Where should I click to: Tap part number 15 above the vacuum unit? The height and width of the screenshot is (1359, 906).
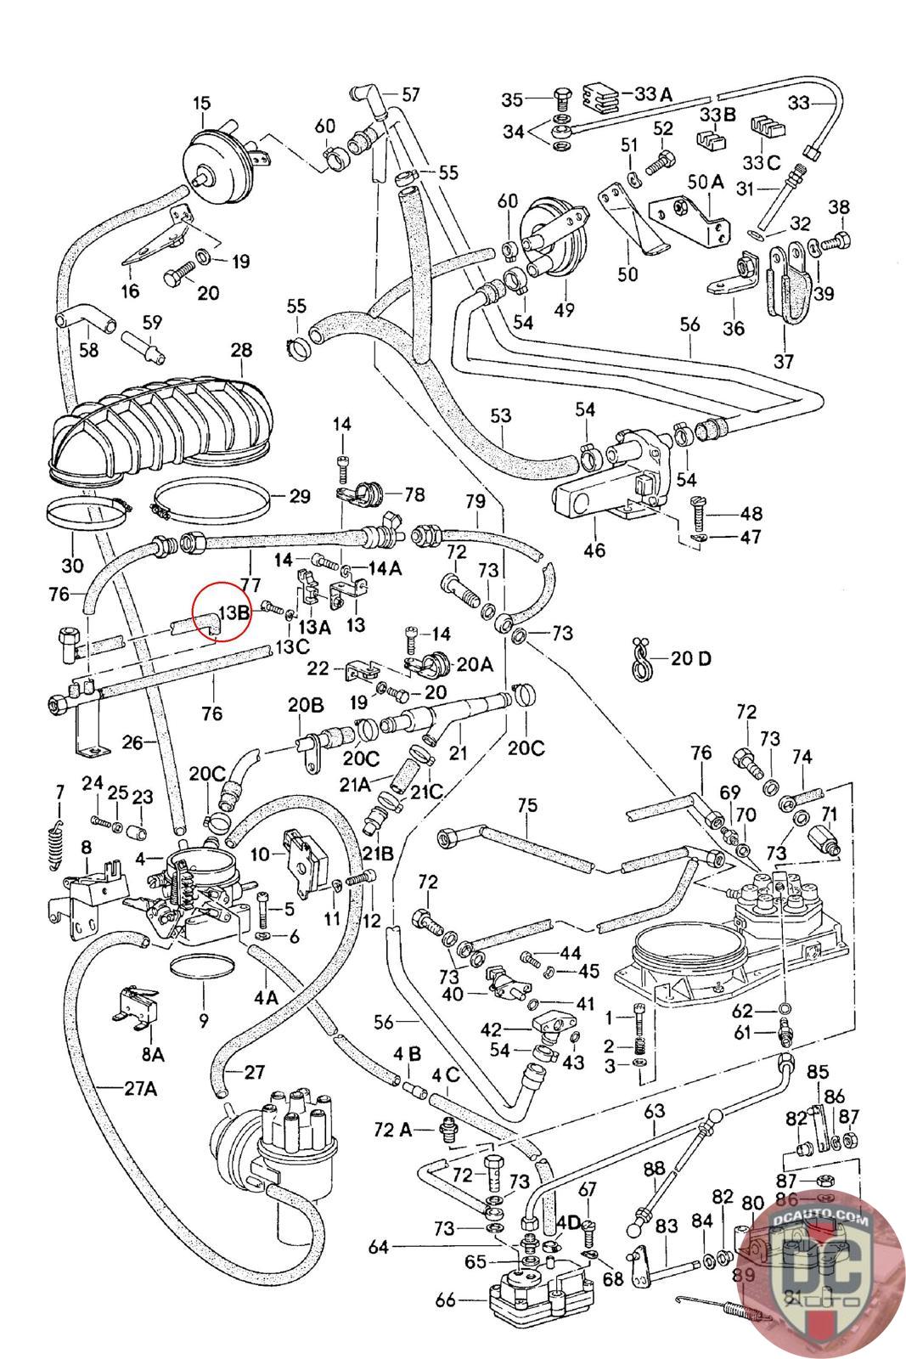[201, 104]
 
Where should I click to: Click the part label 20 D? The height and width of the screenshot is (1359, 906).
[690, 658]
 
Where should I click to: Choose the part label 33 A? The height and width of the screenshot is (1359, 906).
[653, 93]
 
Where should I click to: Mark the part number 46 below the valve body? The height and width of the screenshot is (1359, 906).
[594, 550]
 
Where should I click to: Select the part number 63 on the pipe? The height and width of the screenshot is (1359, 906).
[654, 1109]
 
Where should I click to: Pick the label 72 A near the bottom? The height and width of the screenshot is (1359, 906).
[392, 1130]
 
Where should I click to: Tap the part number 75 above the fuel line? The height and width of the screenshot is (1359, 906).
[527, 805]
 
